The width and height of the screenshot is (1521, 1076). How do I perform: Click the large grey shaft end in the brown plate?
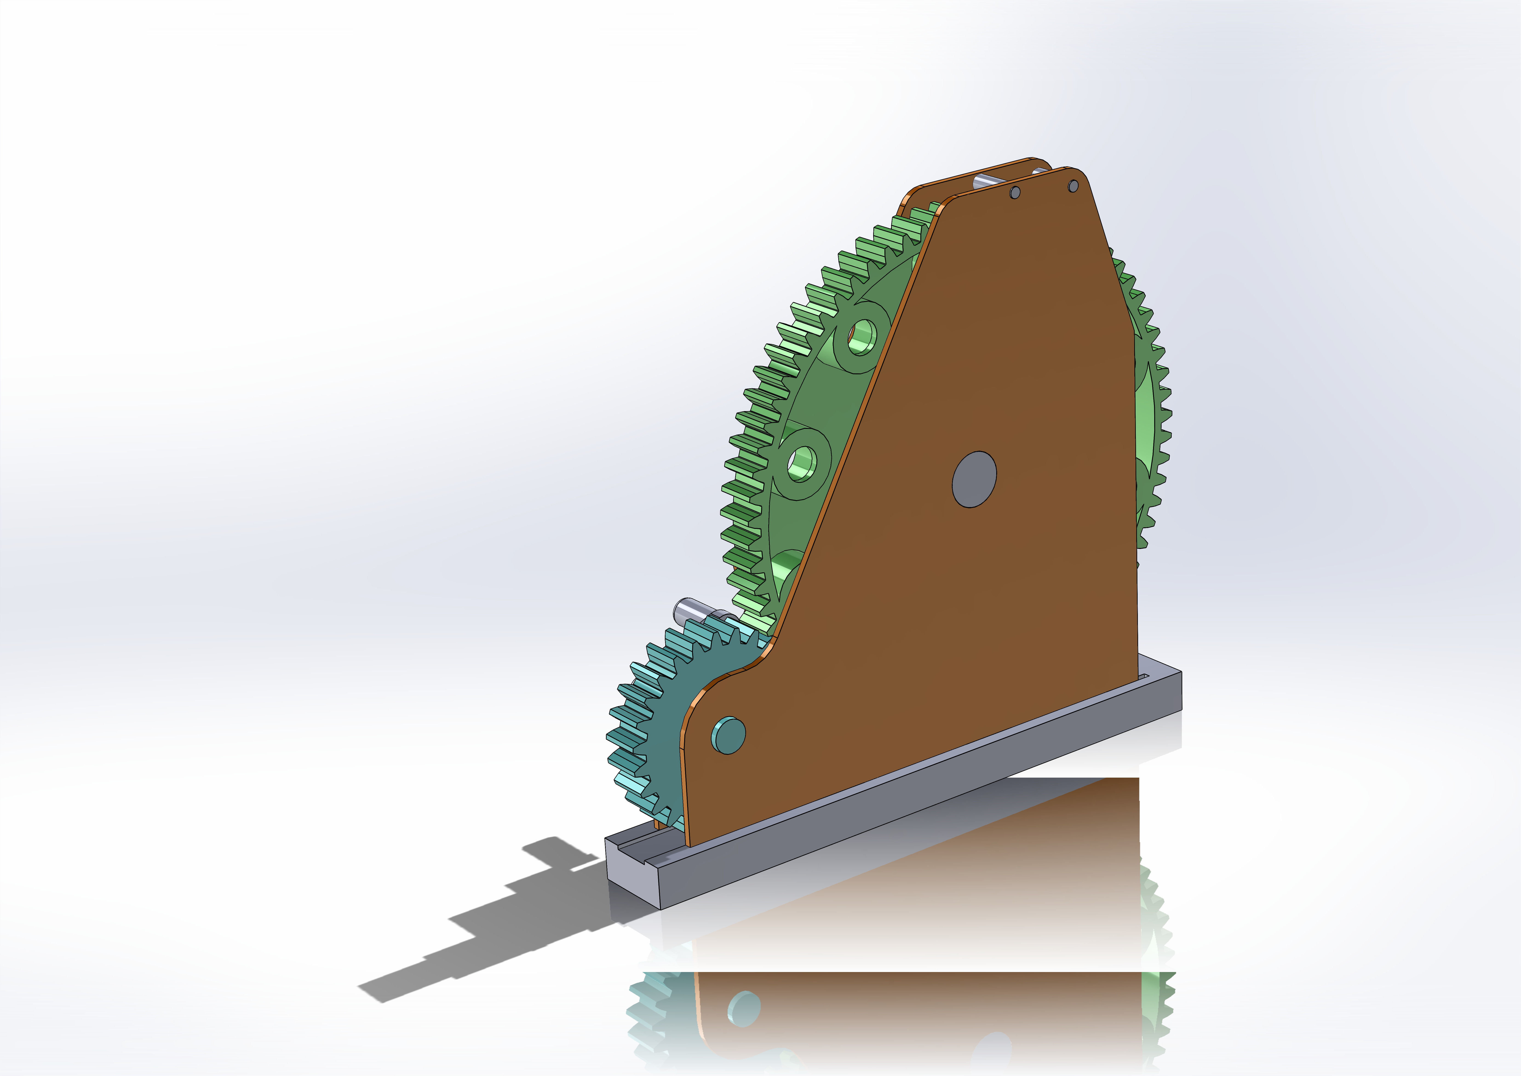[974, 480]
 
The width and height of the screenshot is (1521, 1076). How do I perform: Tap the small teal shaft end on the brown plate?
[728, 735]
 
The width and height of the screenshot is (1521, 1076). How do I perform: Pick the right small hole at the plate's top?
[1073, 186]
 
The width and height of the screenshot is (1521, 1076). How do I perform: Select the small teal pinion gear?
[656, 715]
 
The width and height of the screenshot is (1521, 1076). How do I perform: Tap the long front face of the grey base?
[927, 802]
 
